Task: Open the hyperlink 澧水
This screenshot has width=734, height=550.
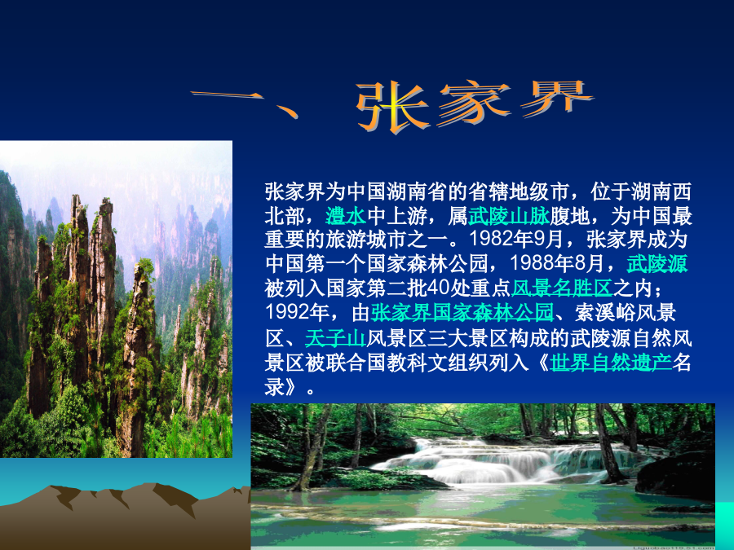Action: click(x=346, y=216)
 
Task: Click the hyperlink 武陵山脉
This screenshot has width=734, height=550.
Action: click(x=508, y=216)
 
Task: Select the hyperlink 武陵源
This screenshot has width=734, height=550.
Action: click(x=657, y=264)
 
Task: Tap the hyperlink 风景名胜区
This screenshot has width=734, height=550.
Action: click(x=562, y=288)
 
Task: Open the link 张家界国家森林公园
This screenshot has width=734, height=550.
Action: click(x=462, y=312)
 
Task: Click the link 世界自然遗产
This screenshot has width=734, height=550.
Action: click(x=610, y=363)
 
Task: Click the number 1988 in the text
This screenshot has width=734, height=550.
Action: click(x=531, y=264)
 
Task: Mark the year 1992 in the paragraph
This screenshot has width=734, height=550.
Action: click(x=286, y=312)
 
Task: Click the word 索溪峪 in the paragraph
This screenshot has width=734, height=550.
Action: click(x=605, y=312)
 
